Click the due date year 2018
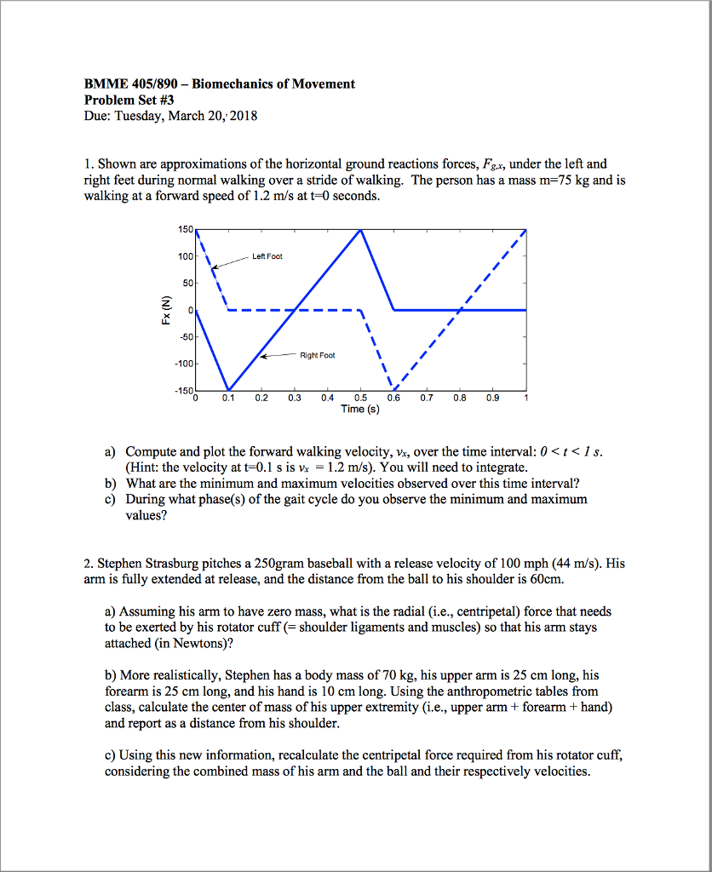243,116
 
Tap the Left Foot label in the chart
267,256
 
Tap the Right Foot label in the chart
317,355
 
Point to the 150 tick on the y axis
185,230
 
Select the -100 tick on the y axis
183,364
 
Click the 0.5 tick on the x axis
360,398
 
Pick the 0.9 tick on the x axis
493,398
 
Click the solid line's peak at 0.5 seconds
361,230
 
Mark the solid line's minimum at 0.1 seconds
228,390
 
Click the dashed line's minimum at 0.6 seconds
393,390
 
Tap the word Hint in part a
144,468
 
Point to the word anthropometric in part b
467,692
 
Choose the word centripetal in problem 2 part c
367,755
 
